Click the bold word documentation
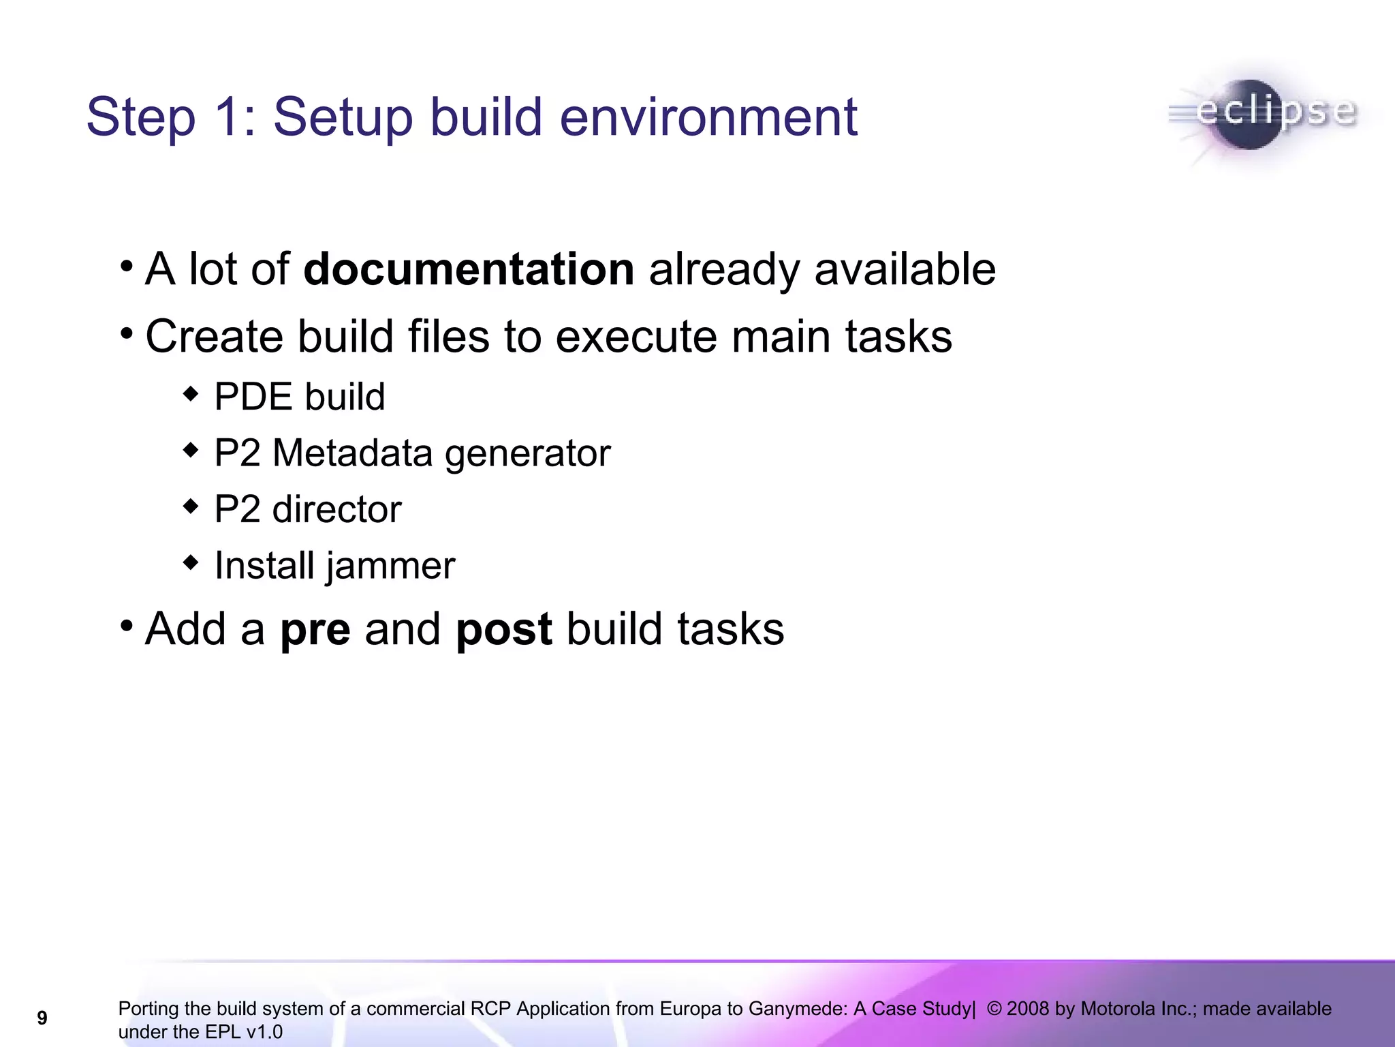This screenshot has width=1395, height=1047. [x=469, y=269]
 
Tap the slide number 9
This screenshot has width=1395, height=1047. [x=42, y=1018]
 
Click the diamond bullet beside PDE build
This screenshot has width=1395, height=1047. [x=191, y=394]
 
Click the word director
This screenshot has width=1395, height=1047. [x=336, y=509]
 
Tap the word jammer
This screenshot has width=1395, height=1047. [x=390, y=566]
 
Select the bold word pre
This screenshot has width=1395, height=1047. [x=315, y=630]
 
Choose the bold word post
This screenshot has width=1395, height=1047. [x=503, y=630]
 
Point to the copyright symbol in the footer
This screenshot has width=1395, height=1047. [x=994, y=1009]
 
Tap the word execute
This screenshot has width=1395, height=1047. [x=636, y=337]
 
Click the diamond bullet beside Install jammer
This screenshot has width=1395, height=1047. [x=191, y=563]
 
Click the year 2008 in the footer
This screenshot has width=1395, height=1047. [x=1028, y=1009]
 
